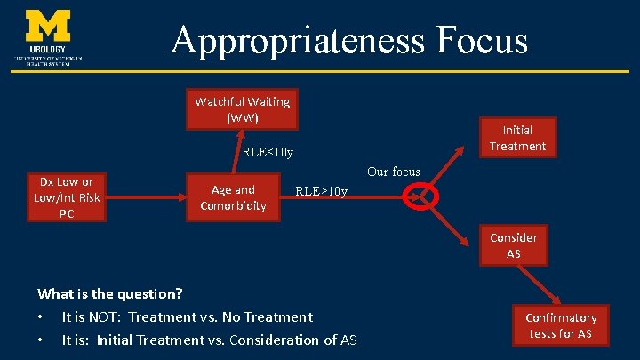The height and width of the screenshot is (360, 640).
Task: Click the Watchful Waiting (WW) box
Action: tap(243, 108)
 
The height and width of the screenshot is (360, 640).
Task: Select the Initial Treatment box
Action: tap(517, 138)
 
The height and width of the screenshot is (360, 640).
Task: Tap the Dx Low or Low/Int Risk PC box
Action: tap(67, 196)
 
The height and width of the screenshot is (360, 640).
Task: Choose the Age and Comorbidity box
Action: tap(233, 197)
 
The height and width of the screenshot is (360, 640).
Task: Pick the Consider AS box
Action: tap(513, 245)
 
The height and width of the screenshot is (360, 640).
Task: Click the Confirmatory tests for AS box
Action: tap(560, 325)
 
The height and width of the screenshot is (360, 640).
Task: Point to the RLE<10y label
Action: tap(268, 152)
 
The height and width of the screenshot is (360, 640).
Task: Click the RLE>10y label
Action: tap(321, 191)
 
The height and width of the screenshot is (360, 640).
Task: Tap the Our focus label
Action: tap(393, 172)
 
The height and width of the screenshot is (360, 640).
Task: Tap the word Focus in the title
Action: tap(479, 40)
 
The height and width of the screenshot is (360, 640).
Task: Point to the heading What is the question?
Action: tap(110, 293)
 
